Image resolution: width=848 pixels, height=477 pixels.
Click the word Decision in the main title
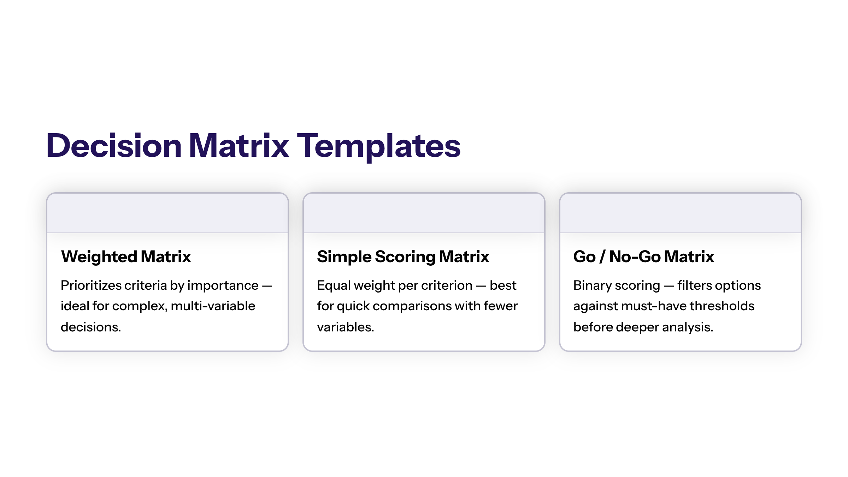point(114,146)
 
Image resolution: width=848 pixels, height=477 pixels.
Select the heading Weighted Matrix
point(126,257)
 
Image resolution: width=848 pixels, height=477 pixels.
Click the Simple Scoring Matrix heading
point(403,257)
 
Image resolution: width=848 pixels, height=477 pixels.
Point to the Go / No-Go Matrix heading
point(644,257)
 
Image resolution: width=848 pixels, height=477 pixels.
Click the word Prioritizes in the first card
point(91,285)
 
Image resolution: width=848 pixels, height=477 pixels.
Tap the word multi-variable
point(213,306)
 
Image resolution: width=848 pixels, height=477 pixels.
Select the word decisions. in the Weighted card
point(91,327)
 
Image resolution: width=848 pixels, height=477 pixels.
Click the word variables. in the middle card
point(346,327)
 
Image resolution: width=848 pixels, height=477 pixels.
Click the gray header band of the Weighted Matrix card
point(167,213)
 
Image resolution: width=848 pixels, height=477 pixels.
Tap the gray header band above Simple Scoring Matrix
point(424,213)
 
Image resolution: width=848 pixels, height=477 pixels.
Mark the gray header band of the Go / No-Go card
point(681,213)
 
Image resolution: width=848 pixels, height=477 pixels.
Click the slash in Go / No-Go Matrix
point(602,257)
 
